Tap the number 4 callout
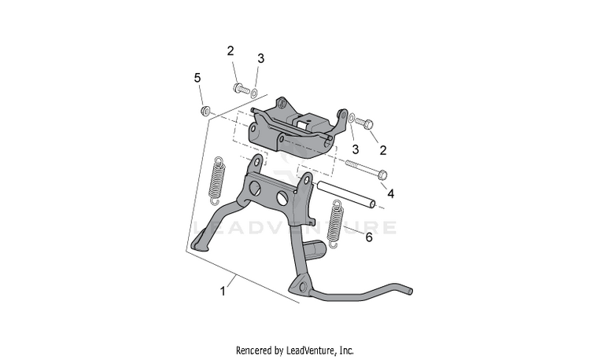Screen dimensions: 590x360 [391, 193]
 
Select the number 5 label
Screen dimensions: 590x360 [197, 78]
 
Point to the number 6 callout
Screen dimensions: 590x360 [367, 237]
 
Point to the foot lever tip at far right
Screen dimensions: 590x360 [407, 291]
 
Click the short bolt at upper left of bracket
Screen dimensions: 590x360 [239, 89]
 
